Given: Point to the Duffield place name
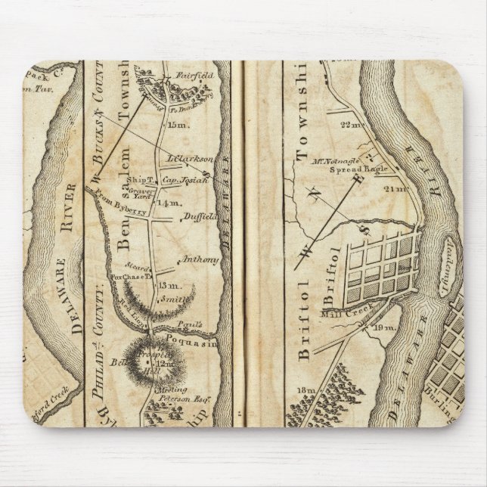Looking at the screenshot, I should tap(198, 217).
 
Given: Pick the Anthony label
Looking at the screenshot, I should tap(200, 260).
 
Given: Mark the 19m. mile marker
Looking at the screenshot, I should tap(384, 327).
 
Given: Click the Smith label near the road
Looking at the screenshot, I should tap(173, 299).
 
